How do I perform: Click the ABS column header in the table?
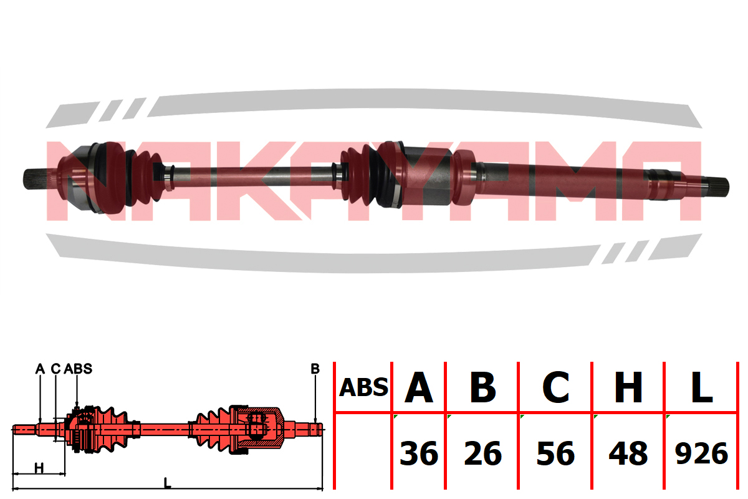coord(363,387)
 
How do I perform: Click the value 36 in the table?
coord(419,453)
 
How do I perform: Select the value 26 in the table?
coord(483,453)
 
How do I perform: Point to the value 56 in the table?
coord(556,453)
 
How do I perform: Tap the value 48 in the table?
coord(628,453)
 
